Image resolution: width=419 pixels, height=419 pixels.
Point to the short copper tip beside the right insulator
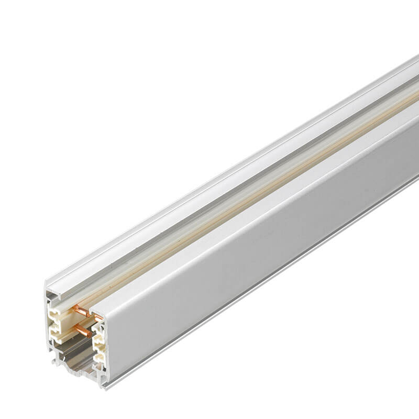(98, 318)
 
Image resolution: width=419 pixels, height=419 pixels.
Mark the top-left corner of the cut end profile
(46, 286)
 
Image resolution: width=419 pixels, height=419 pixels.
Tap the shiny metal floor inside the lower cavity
(73, 361)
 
